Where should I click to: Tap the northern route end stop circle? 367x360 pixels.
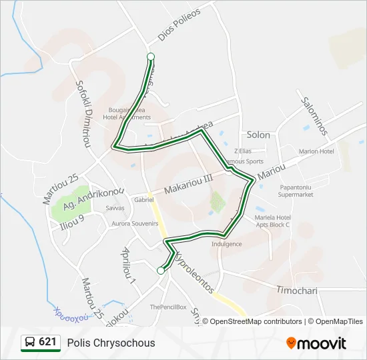pos(151,57)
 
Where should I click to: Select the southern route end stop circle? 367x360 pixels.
pos(160,270)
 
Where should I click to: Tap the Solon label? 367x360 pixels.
pos(258,135)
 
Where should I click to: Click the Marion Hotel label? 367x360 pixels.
pos(316,151)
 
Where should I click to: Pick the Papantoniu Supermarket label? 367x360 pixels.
pos(296,191)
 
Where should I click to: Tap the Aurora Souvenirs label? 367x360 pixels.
pos(135,223)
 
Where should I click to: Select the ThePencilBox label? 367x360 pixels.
pos(167,307)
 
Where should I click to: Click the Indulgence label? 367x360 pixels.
pos(226,244)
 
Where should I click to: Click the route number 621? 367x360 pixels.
pos(48,343)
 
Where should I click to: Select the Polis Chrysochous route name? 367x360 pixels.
pos(111,343)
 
